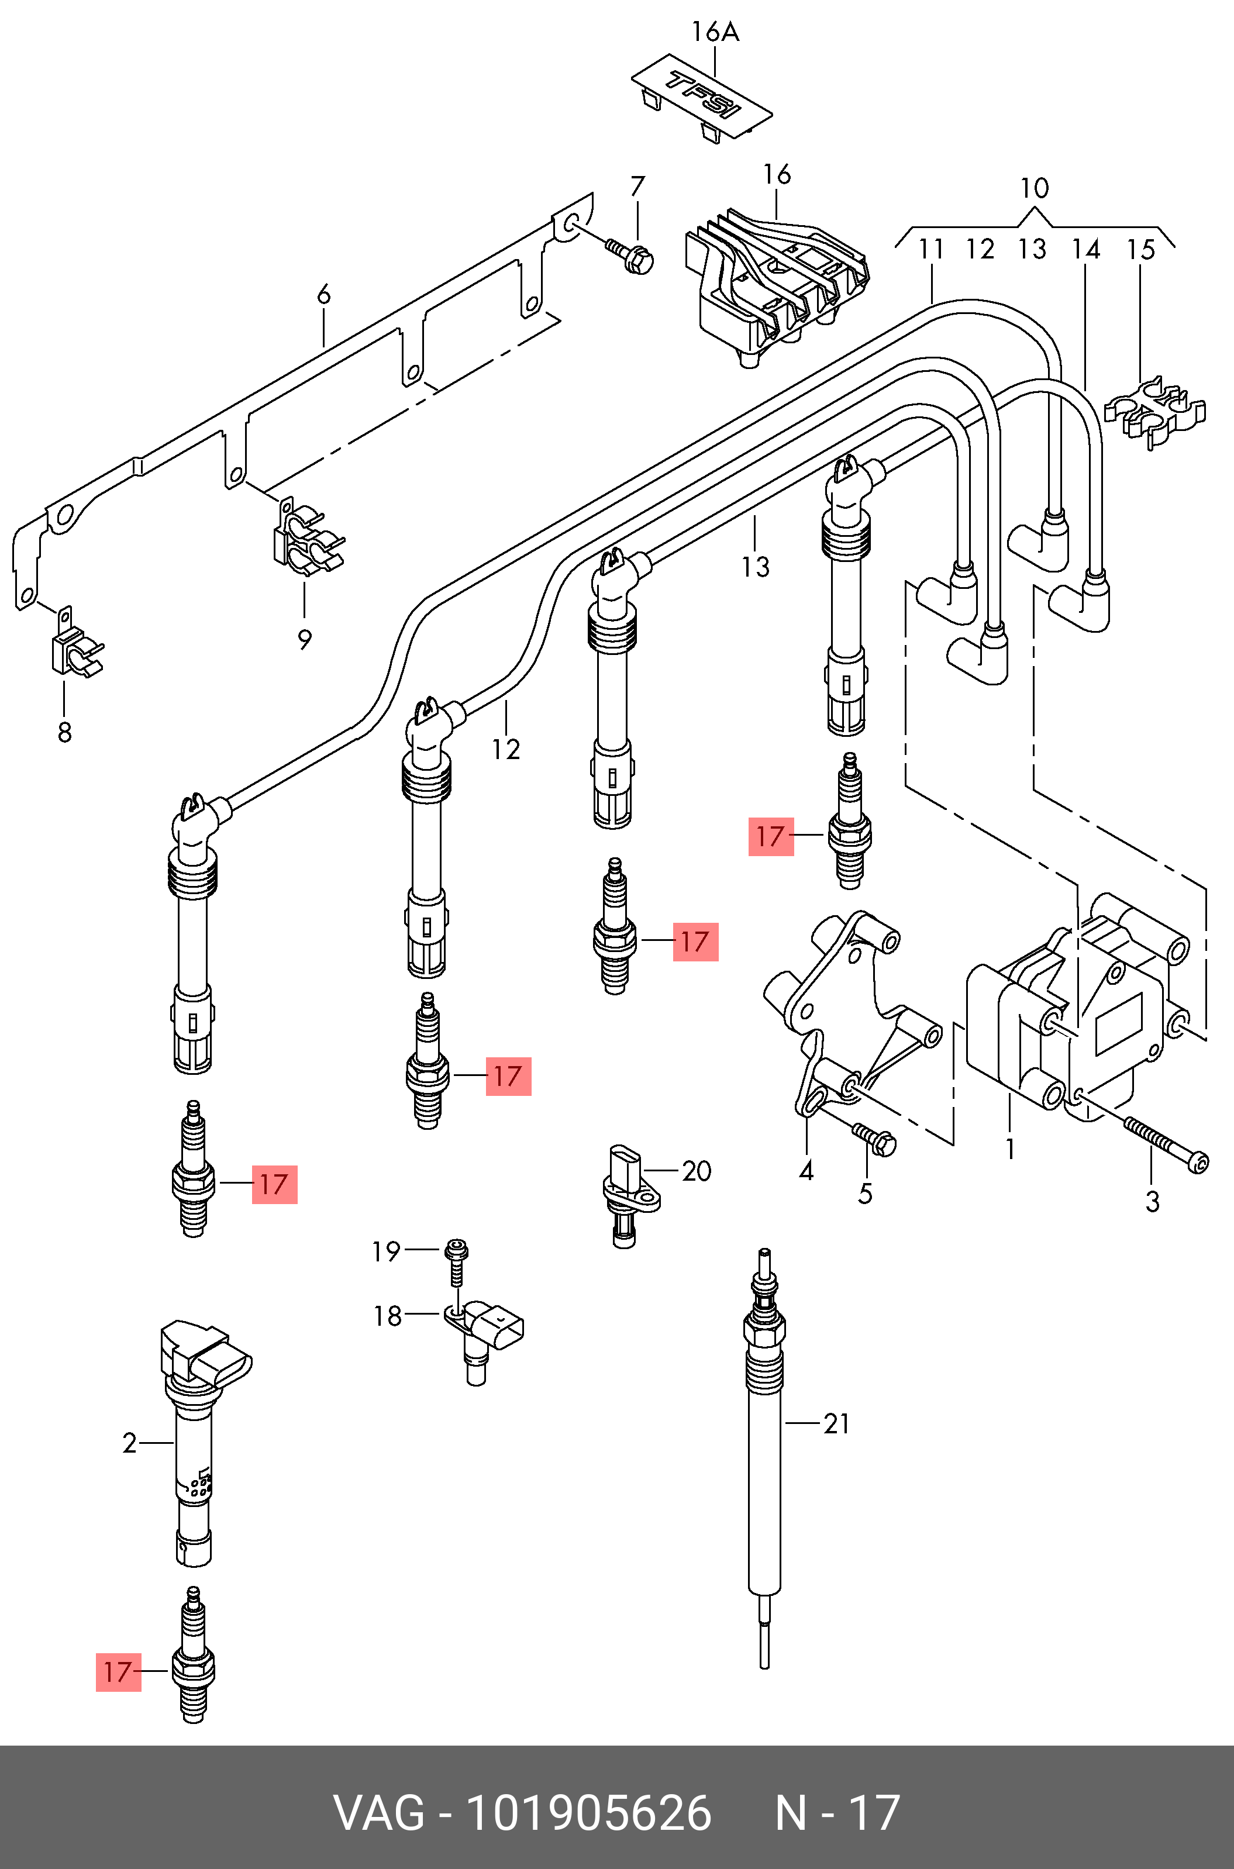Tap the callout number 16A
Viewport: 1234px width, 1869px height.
[715, 32]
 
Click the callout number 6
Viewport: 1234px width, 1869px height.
[323, 296]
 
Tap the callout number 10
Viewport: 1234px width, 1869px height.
[1034, 189]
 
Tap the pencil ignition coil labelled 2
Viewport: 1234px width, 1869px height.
[194, 1440]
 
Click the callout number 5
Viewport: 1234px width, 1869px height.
[865, 1194]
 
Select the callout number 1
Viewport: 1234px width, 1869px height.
[1009, 1150]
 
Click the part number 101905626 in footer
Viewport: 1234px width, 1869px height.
[589, 1812]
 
